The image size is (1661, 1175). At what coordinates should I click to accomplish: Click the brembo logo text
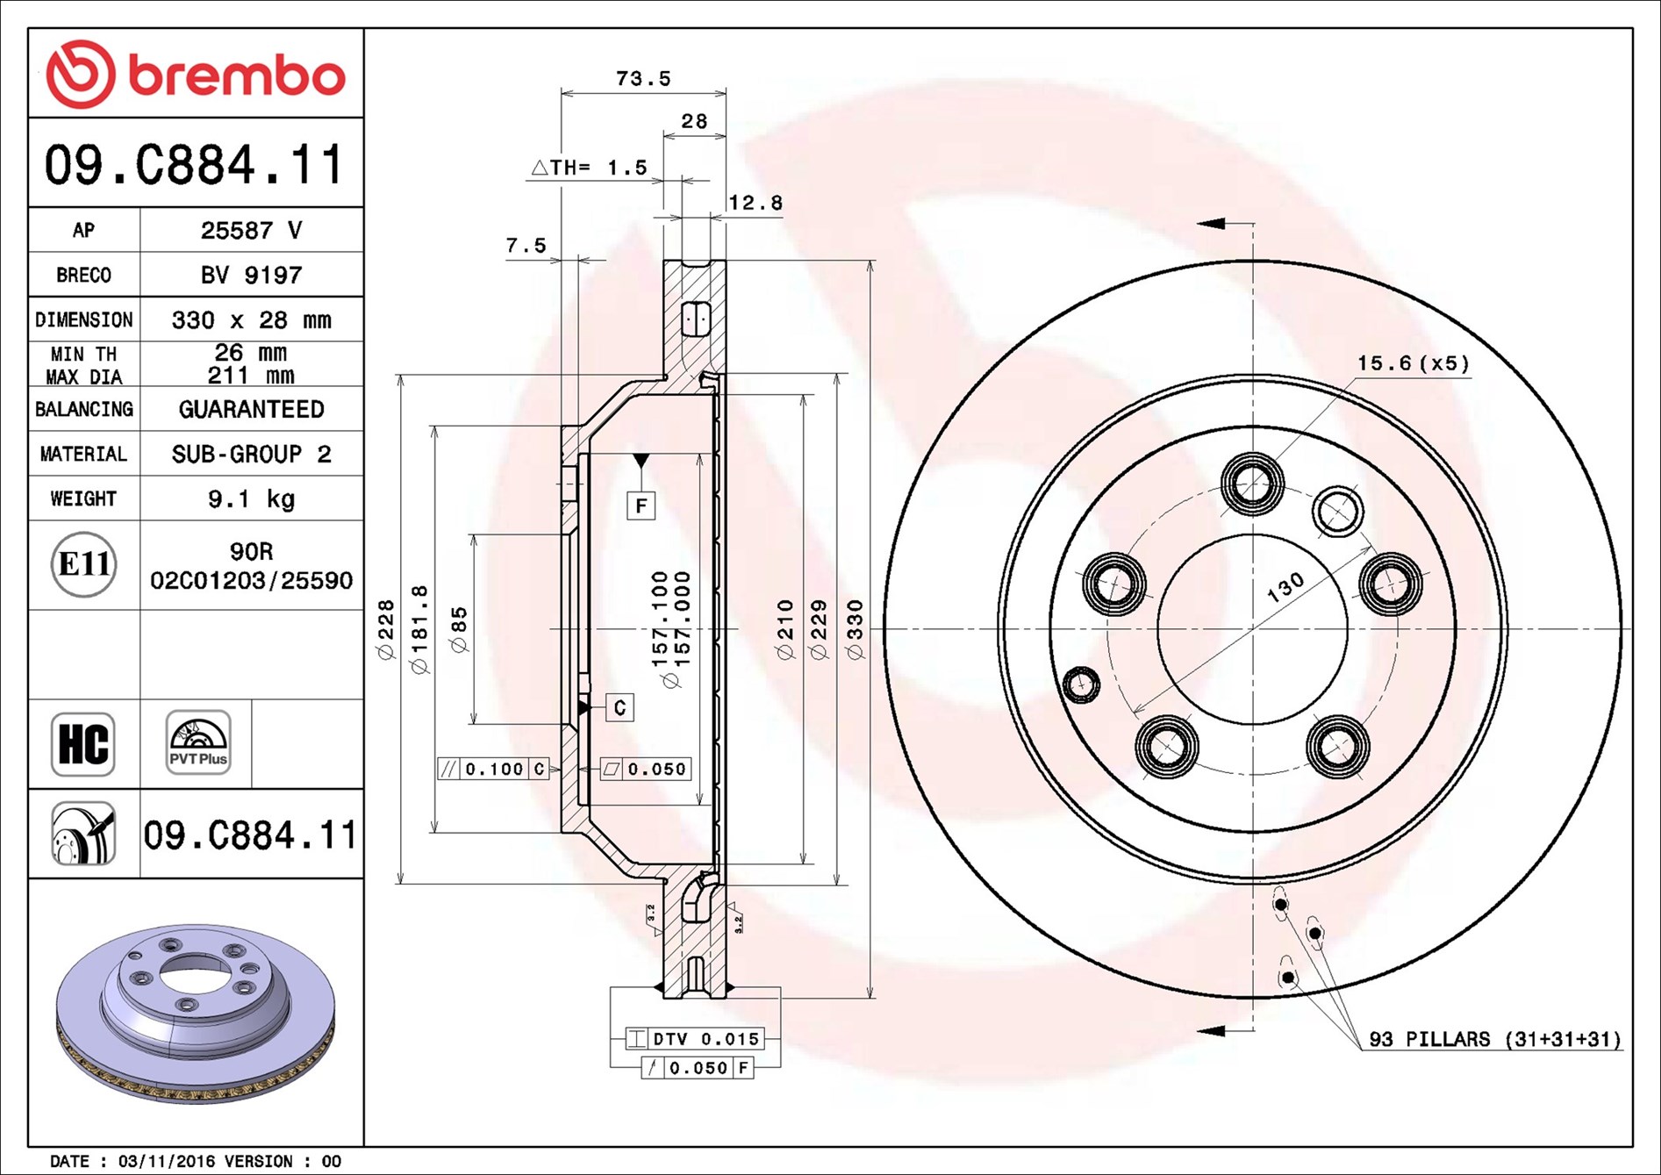[x=237, y=75]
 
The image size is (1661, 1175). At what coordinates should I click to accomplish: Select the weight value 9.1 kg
[x=251, y=499]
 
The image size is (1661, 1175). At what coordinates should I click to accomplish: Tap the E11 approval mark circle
[x=83, y=564]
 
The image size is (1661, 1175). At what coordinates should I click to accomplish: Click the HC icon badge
[x=83, y=744]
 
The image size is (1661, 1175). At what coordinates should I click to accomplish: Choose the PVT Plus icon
[x=198, y=742]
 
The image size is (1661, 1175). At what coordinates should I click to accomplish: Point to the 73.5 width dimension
[x=643, y=79]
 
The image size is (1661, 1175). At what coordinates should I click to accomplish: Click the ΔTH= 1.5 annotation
[x=590, y=168]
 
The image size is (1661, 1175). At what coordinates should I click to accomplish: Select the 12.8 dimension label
[x=755, y=203]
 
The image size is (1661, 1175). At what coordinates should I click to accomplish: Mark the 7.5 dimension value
[x=526, y=246]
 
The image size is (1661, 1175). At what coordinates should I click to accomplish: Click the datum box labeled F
[x=641, y=505]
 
